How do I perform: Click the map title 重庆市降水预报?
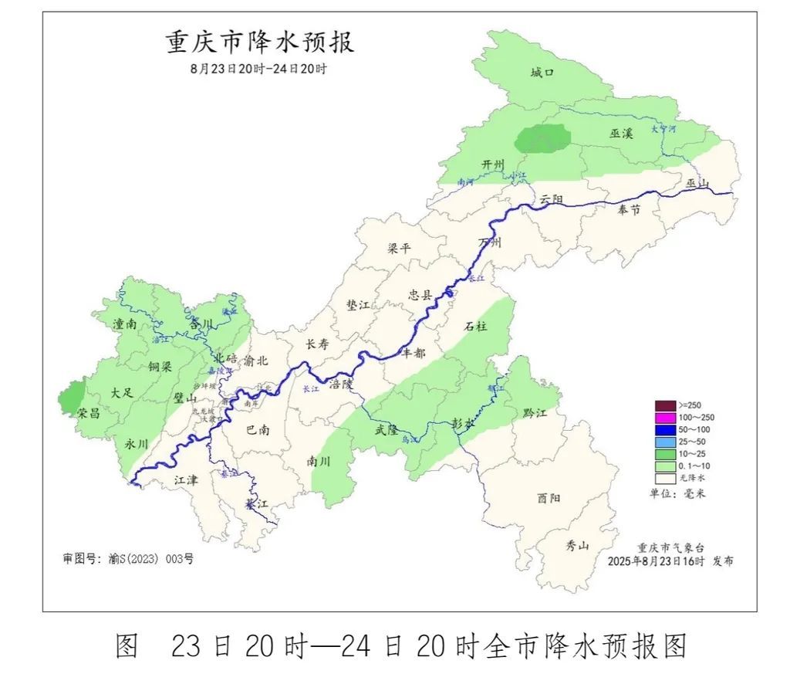(260, 42)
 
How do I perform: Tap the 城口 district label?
(542, 73)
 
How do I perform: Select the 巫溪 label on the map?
(621, 134)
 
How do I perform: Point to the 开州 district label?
(492, 165)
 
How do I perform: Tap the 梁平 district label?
(400, 249)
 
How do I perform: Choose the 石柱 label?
(475, 327)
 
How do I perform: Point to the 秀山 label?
(577, 545)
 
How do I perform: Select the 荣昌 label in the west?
(88, 413)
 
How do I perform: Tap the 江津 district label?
(186, 479)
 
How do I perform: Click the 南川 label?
(318, 461)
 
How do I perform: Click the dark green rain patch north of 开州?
(542, 139)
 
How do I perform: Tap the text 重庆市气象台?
(669, 547)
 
